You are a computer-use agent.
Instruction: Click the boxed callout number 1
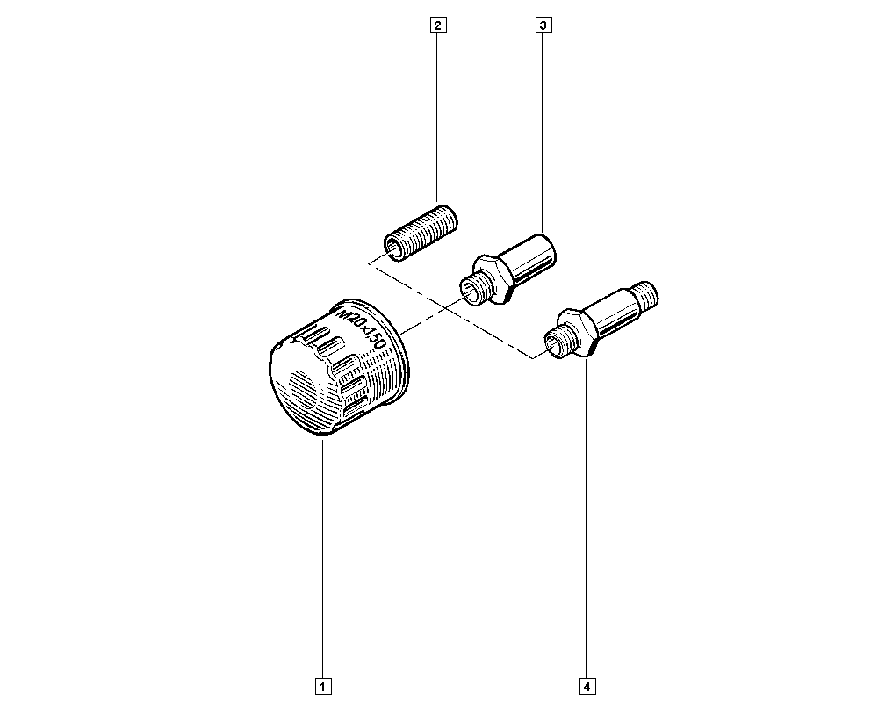click(323, 686)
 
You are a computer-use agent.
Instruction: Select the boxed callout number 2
click(437, 25)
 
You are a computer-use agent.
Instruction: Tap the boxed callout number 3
click(543, 25)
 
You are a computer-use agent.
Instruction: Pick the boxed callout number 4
click(587, 686)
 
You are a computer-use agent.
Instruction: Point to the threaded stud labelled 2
click(421, 233)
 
